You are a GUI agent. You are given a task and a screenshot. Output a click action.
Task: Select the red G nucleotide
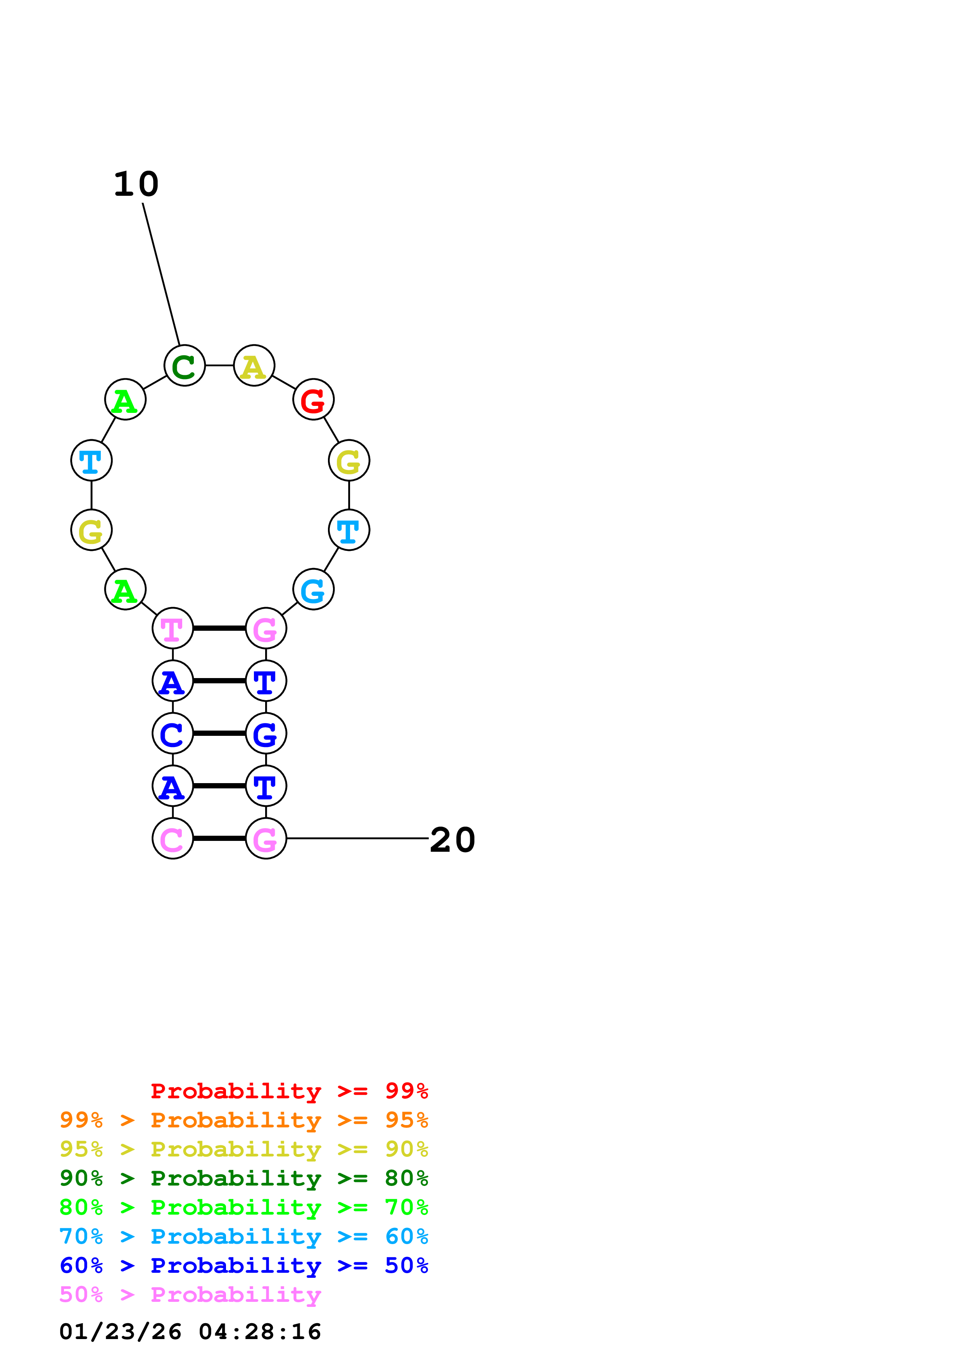(313, 399)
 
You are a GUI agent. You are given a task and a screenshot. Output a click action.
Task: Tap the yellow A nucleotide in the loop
(254, 366)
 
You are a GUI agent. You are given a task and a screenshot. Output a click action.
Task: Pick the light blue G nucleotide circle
(313, 589)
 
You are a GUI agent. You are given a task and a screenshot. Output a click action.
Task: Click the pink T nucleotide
(173, 628)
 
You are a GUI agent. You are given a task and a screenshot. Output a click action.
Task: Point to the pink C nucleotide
(173, 838)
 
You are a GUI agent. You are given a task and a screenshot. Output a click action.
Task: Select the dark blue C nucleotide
(173, 734)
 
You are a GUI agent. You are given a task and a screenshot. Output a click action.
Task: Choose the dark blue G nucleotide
(266, 734)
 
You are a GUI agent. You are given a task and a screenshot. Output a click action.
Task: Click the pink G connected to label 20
(266, 838)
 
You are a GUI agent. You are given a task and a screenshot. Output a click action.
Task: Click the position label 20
(452, 840)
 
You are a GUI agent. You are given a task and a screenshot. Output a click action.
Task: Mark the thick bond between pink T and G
(219, 628)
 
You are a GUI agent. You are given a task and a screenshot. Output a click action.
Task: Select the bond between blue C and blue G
(219, 734)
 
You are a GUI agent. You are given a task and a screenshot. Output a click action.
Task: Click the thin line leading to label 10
(161, 274)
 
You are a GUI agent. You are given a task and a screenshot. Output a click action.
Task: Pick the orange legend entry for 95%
(244, 1120)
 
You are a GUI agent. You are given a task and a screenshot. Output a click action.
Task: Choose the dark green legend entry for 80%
(244, 1178)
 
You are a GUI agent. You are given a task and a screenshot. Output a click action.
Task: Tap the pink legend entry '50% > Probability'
(190, 1294)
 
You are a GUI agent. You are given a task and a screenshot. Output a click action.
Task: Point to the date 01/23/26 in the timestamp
(120, 1332)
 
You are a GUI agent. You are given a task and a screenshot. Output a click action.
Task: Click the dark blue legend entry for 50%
(244, 1265)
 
